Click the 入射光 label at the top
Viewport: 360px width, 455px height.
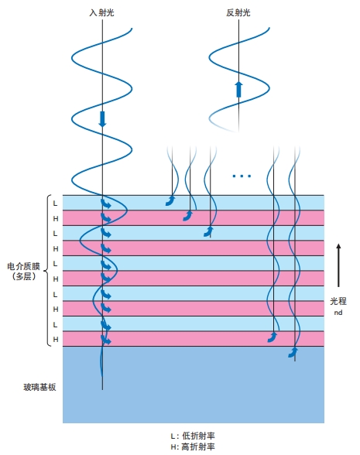click(x=101, y=12)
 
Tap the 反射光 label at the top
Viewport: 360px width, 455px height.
click(x=238, y=12)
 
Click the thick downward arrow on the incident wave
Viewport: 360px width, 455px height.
click(x=102, y=119)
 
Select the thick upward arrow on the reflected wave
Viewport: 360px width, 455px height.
click(x=238, y=89)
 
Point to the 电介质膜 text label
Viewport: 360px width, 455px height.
click(x=23, y=266)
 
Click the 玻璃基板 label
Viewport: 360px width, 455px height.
click(x=39, y=387)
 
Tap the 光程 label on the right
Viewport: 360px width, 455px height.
click(x=338, y=301)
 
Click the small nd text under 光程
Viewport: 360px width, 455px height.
click(x=338, y=313)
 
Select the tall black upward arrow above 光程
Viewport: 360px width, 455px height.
click(x=338, y=265)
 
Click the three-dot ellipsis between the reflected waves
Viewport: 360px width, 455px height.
click(x=242, y=176)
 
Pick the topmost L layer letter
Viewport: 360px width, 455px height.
click(x=55, y=203)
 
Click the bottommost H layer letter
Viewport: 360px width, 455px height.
click(x=56, y=339)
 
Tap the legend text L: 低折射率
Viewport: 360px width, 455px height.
click(x=193, y=436)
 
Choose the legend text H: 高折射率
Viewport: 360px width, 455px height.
click(x=193, y=446)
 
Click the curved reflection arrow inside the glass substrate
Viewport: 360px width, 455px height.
click(x=293, y=353)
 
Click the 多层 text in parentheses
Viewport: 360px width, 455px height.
click(x=24, y=276)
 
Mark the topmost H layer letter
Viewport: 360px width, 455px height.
click(x=56, y=218)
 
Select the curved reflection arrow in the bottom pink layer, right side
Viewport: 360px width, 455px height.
click(x=273, y=337)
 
